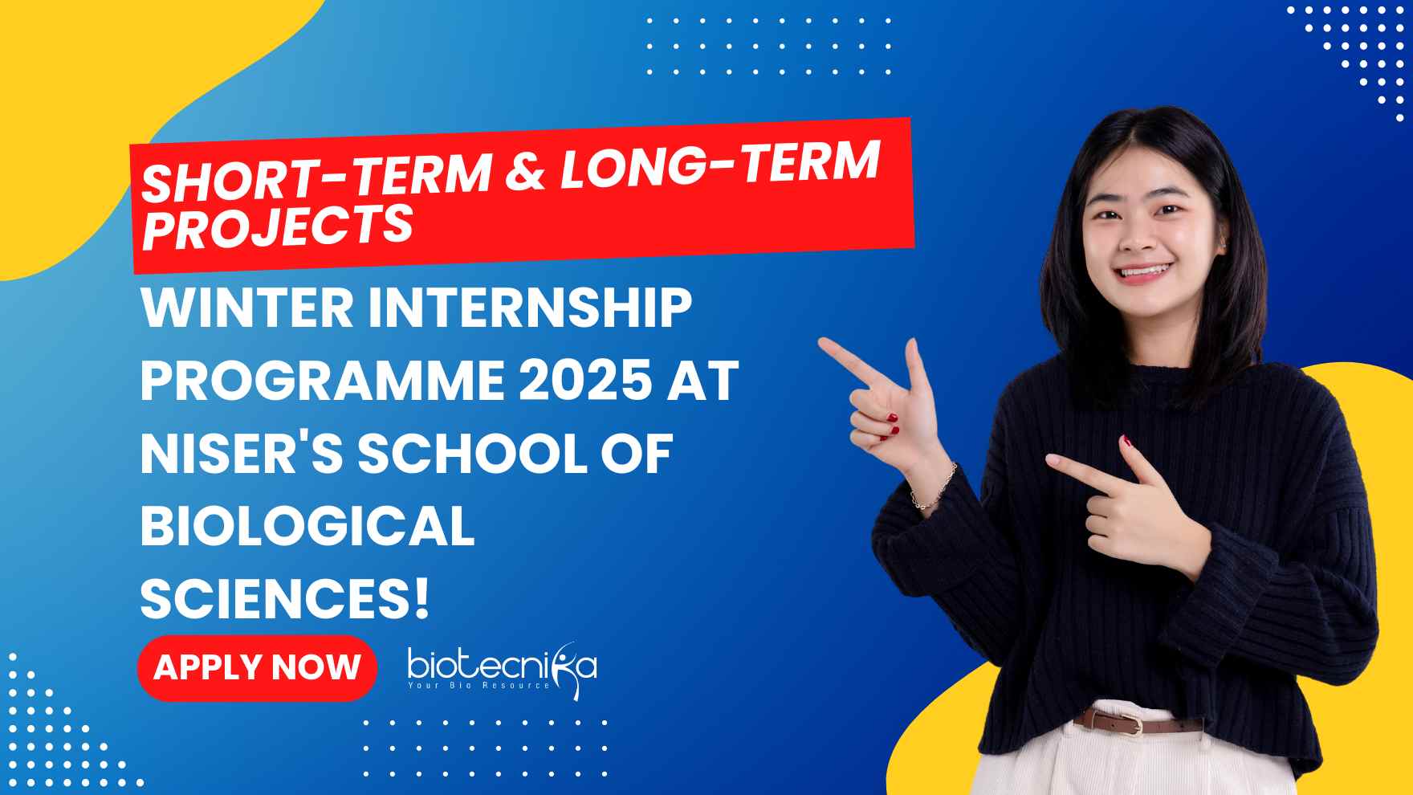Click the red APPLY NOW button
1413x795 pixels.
[257, 667]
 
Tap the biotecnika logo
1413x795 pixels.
[503, 667]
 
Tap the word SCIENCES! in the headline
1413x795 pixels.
[285, 599]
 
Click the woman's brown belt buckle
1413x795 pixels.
[1130, 724]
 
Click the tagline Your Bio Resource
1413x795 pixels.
[479, 685]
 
